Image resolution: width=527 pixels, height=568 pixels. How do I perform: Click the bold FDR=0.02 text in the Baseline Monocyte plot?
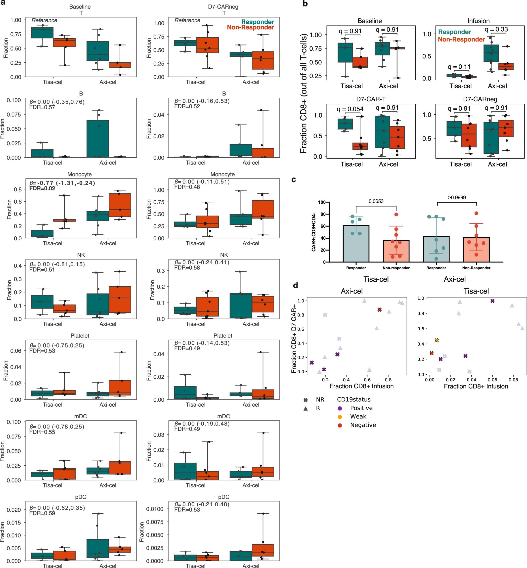42,188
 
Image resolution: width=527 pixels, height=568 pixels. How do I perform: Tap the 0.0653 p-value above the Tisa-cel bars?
376,201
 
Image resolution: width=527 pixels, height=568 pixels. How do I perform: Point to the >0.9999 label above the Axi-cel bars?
457,197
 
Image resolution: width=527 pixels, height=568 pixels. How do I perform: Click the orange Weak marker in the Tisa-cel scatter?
437,340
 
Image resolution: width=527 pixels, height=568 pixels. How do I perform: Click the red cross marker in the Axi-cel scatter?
379,310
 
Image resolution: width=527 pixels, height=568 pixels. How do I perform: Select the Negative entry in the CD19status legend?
363,425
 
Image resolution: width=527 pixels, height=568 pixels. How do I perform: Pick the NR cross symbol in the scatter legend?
306,400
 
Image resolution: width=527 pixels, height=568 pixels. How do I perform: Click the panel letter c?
294,180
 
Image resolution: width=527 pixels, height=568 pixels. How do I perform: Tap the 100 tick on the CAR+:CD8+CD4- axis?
322,202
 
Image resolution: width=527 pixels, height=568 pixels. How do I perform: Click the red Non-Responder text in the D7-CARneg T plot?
250,27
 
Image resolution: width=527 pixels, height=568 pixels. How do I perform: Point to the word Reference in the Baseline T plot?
44,20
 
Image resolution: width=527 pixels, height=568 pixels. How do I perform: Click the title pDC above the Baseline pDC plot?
81,497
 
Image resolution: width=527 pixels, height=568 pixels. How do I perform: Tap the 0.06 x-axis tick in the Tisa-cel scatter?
492,380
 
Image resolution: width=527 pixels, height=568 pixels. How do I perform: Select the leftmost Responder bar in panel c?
356,243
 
